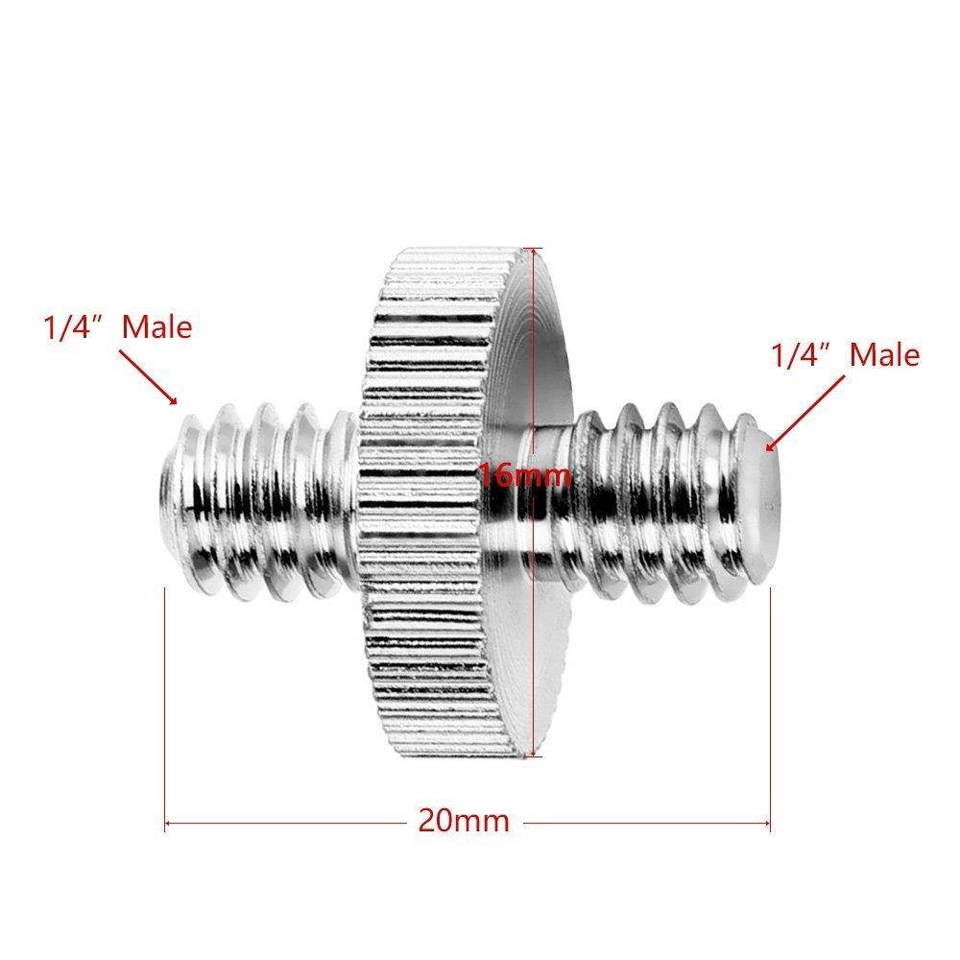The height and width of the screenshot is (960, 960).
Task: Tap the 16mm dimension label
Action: coord(526,473)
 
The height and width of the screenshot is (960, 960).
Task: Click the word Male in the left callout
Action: coord(156,327)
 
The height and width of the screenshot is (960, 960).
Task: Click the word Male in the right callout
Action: coord(884,355)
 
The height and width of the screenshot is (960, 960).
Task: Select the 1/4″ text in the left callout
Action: coord(71,327)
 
